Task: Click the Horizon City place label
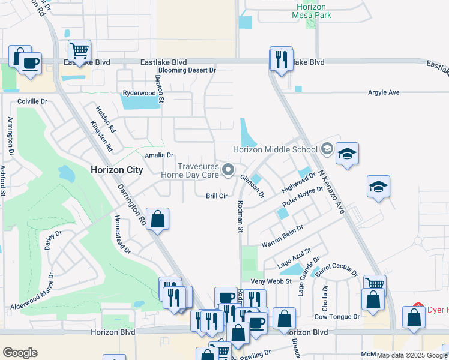[116, 170]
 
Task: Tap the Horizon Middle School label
[275, 149]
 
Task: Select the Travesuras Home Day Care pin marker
[228, 170]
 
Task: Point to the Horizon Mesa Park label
[311, 10]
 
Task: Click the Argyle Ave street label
[384, 92]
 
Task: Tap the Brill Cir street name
[217, 196]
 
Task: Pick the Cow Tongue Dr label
[337, 316]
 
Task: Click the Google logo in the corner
[20, 352]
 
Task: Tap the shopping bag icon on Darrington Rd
[157, 220]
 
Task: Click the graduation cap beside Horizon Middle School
[347, 154]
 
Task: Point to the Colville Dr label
[32, 101]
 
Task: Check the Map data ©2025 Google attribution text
[412, 355]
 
